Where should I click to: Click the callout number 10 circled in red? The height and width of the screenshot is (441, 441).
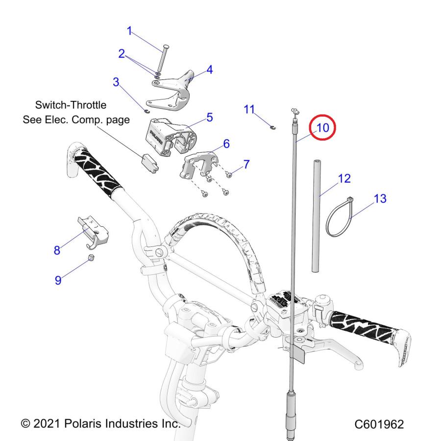322,128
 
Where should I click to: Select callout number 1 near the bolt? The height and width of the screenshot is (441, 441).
130,31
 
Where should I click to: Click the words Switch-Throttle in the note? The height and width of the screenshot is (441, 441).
71,105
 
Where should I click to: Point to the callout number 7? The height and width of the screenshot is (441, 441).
246,164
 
